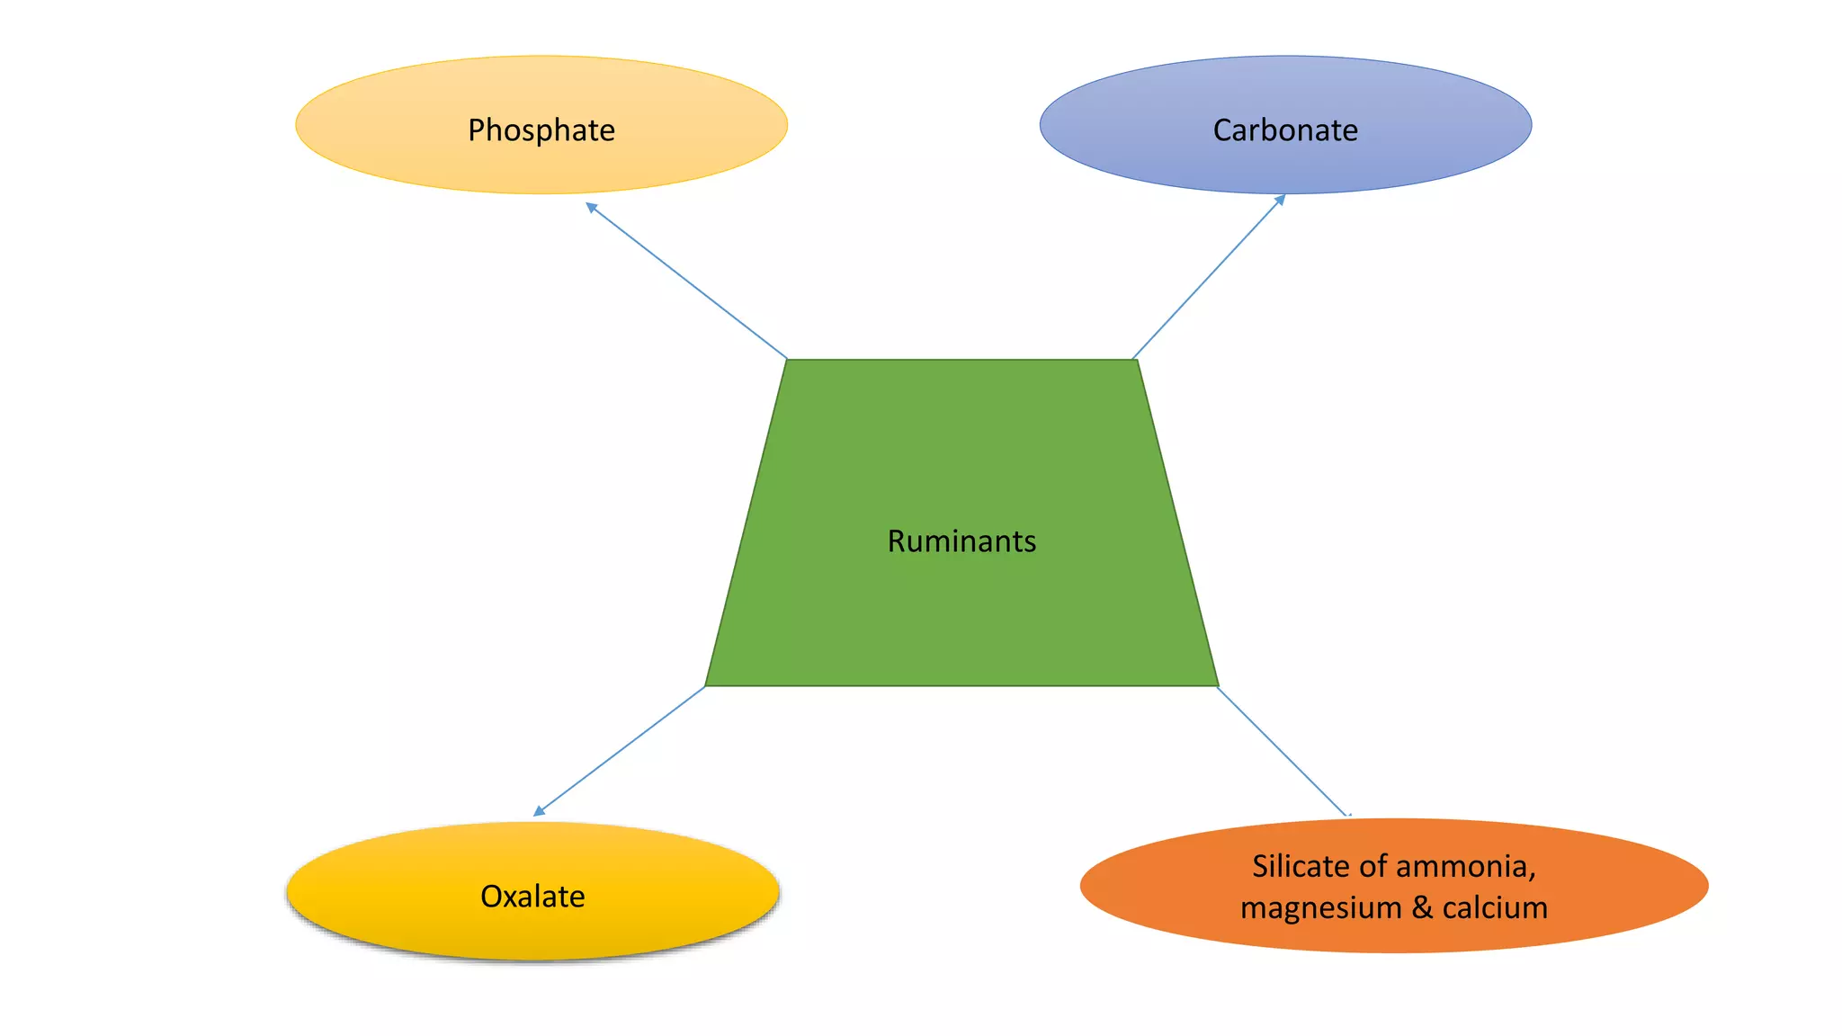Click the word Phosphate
click(x=541, y=130)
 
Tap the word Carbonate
click(x=1285, y=130)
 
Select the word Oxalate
click(x=532, y=897)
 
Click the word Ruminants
click(x=961, y=541)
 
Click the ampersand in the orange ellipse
click(x=1422, y=908)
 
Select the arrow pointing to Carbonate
click(x=1208, y=277)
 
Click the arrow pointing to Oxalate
click(x=620, y=751)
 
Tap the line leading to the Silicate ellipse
click(x=1283, y=752)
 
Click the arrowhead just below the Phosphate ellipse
click(x=590, y=207)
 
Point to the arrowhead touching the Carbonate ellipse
click(x=1280, y=200)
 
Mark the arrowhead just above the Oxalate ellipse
click(x=538, y=812)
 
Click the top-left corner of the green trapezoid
click(x=787, y=360)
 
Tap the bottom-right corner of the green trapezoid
click(x=1218, y=686)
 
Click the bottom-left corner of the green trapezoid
click(x=706, y=686)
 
